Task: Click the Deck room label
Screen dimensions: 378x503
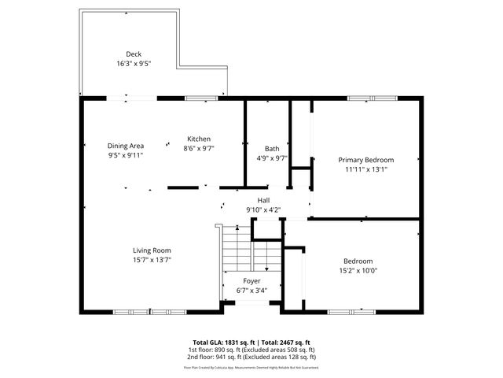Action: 134,54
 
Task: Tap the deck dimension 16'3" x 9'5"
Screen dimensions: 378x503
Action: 134,63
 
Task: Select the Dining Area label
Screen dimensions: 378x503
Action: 126,146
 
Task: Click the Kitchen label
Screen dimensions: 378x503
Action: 199,139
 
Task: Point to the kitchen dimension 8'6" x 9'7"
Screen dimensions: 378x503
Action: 199,148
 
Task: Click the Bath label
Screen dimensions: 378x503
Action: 272,149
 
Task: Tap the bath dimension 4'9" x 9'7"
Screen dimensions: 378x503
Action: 272,157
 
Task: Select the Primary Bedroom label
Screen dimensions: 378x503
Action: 366,159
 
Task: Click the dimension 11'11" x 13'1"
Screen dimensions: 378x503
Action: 366,169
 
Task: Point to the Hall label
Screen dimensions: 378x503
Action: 263,201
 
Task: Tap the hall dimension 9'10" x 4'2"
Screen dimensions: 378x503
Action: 263,209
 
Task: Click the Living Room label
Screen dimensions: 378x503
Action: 152,250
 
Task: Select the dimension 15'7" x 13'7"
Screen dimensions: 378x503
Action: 152,260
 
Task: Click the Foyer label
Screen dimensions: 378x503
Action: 251,281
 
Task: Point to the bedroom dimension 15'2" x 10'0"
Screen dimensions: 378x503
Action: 358,271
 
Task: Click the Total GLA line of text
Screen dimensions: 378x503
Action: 251,343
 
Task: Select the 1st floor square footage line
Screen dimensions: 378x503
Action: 251,350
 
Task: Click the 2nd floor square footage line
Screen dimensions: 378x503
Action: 251,357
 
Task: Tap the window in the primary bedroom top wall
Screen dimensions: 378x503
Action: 362,98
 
